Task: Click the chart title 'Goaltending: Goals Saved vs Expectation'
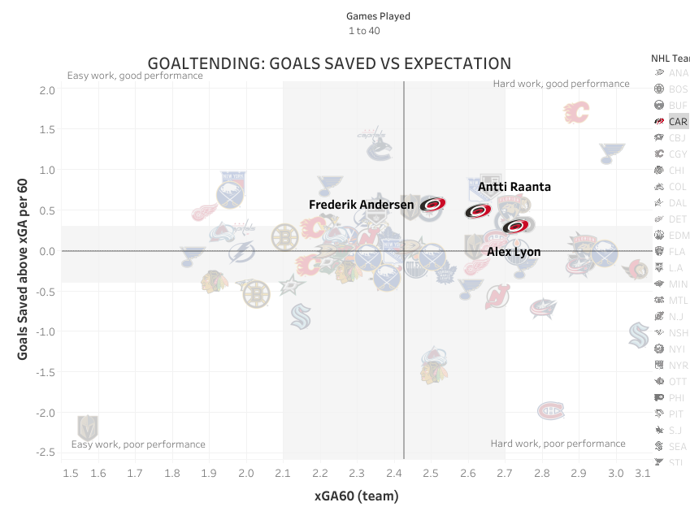tap(329, 63)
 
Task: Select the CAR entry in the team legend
tap(677, 121)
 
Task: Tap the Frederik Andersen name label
tap(361, 205)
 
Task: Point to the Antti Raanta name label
tap(514, 187)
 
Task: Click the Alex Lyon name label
tap(514, 252)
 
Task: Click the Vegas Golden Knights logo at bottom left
tap(87, 427)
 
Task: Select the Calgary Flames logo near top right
tap(576, 112)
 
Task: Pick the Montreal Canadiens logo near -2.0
tap(551, 411)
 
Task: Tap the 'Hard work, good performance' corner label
tap(561, 84)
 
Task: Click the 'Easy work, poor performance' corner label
tap(138, 444)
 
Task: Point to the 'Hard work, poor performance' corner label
tap(558, 444)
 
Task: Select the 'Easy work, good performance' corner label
tap(135, 76)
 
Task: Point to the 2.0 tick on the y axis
tap(46, 89)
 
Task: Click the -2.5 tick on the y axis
tap(45, 453)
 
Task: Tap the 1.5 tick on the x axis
tap(71, 472)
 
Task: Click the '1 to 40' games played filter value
tap(364, 31)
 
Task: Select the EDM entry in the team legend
tap(677, 235)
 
